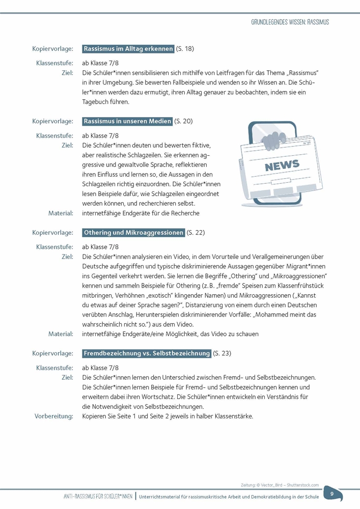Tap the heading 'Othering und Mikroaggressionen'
(133, 233)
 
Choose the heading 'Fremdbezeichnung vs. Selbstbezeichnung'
(146, 353)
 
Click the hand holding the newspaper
(273, 137)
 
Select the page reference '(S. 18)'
(185, 49)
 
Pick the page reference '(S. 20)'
(183, 121)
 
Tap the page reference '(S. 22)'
(196, 233)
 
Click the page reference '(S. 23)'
(221, 353)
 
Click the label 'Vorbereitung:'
(54, 416)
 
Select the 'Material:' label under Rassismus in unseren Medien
(61, 213)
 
